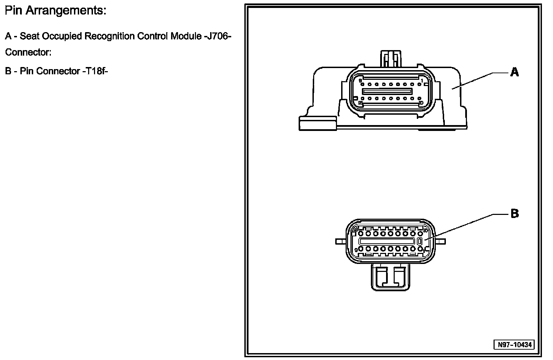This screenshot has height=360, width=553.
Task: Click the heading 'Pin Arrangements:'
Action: tap(55, 11)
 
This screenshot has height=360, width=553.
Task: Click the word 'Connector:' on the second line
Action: tap(28, 53)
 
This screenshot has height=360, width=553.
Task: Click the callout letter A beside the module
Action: tap(515, 72)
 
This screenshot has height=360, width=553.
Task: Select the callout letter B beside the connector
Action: tap(515, 214)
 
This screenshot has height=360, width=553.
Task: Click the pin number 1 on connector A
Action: tap(422, 80)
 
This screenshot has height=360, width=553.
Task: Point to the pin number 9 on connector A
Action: tap(360, 80)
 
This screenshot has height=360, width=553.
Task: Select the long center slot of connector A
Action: tap(387, 92)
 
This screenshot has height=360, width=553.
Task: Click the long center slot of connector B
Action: tap(387, 241)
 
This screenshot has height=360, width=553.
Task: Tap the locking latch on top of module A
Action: tap(391, 59)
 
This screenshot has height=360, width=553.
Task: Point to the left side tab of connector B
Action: tap(340, 241)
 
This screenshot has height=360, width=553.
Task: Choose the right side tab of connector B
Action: tap(440, 241)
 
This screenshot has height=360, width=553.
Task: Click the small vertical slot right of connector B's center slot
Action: tap(420, 241)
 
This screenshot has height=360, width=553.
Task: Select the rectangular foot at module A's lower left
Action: tap(317, 123)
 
